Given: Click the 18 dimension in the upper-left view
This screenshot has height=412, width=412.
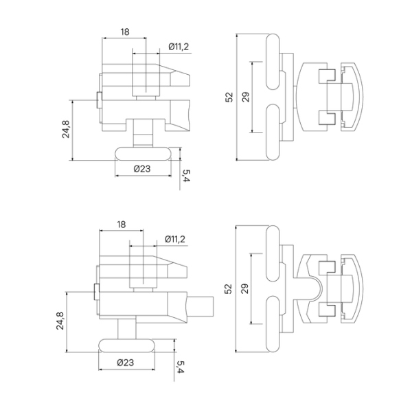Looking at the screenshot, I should click(125, 31).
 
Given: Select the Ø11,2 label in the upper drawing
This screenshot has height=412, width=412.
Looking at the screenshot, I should click(179, 47).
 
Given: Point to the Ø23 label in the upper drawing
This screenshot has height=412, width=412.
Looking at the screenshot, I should click(142, 168).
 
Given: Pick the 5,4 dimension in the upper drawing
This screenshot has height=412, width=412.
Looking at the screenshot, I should click(186, 176).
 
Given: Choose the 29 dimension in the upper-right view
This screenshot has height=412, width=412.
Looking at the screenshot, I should click(246, 97).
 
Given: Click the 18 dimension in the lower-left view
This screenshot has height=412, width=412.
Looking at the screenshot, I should click(122, 225).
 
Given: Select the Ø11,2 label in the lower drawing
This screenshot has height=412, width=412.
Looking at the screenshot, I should click(176, 239).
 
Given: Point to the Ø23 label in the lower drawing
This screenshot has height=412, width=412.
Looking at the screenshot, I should click(125, 362).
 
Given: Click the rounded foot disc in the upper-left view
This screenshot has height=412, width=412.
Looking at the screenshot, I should click(143, 153).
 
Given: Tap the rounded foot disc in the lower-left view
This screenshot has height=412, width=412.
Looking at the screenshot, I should click(126, 345).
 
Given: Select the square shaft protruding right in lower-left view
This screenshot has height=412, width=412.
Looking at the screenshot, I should click(200, 303).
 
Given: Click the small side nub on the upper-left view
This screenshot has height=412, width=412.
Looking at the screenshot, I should click(99, 100).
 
